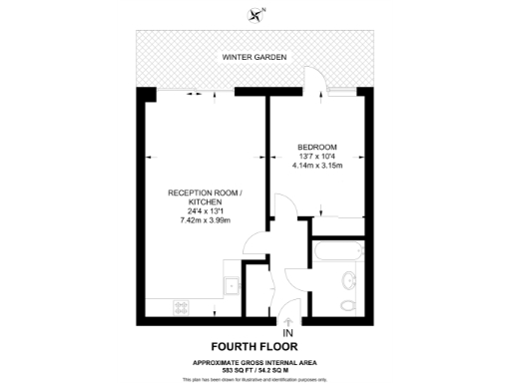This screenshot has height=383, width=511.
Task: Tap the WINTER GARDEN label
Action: coord(255,58)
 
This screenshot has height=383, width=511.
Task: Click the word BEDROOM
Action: coord(317,148)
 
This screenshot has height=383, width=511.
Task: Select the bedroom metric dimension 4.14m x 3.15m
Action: coord(317,166)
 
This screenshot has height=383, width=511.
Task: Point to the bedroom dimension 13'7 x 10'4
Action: coord(317,157)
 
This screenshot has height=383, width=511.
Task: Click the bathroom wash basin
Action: coord(348,280)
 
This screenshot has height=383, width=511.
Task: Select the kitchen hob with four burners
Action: coord(183,306)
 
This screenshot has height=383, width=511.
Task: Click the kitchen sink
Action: coord(232,285)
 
